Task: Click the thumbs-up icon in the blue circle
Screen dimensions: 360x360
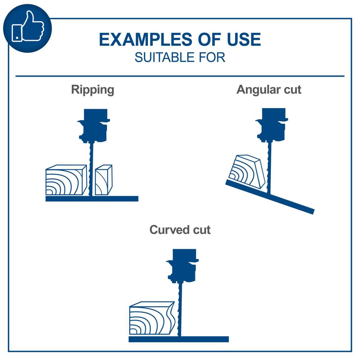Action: tap(28, 28)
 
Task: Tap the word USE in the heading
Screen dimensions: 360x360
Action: tap(244, 40)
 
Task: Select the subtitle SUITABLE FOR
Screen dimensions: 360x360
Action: tap(180, 57)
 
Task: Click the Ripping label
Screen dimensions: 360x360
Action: tap(92, 89)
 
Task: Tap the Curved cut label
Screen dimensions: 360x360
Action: tap(180, 230)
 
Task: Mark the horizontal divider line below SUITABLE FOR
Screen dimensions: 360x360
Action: tap(180, 76)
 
